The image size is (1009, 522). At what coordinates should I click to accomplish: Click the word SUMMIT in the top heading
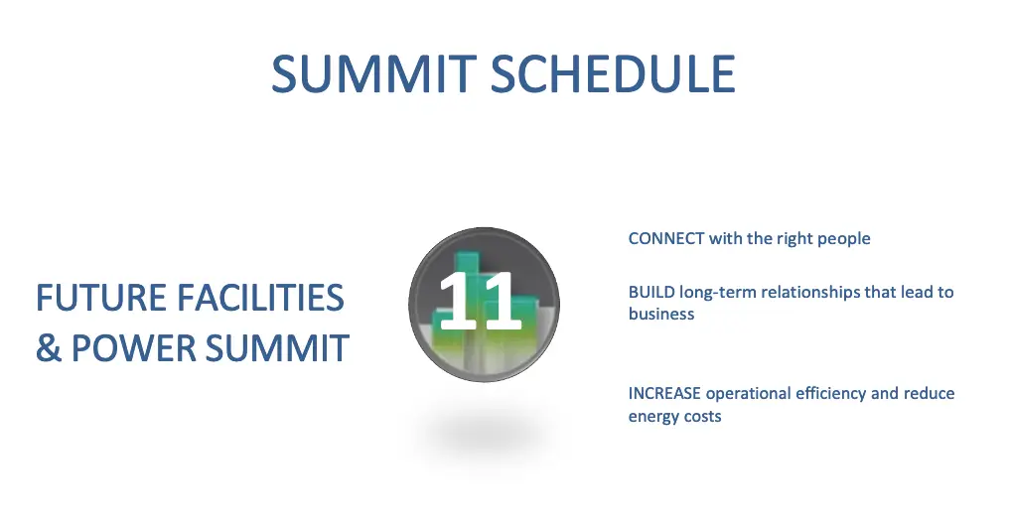pyautogui.click(x=373, y=73)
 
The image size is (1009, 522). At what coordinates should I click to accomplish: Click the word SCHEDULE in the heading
pyautogui.click(x=614, y=73)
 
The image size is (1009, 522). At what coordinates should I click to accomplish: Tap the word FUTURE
pyautogui.click(x=99, y=298)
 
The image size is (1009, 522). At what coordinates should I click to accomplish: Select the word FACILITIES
pyautogui.click(x=260, y=298)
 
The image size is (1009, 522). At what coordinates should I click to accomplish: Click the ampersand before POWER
pyautogui.click(x=49, y=347)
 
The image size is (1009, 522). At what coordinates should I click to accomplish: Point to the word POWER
pyautogui.click(x=133, y=347)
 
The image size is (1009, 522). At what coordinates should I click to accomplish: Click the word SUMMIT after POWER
pyautogui.click(x=278, y=347)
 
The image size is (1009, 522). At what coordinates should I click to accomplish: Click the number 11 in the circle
pyautogui.click(x=480, y=301)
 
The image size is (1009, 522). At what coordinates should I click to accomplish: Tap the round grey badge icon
pyautogui.click(x=484, y=304)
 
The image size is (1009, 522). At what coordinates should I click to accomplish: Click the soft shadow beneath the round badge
pyautogui.click(x=484, y=434)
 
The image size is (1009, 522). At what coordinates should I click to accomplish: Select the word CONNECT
pyautogui.click(x=666, y=238)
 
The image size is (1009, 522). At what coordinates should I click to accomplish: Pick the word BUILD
pyautogui.click(x=651, y=293)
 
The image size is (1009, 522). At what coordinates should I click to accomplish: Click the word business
pyautogui.click(x=661, y=315)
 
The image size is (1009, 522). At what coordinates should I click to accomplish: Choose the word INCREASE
pyautogui.click(x=664, y=393)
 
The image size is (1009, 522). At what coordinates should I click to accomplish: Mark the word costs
pyautogui.click(x=703, y=417)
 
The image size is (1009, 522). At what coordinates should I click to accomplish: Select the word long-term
pyautogui.click(x=718, y=293)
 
